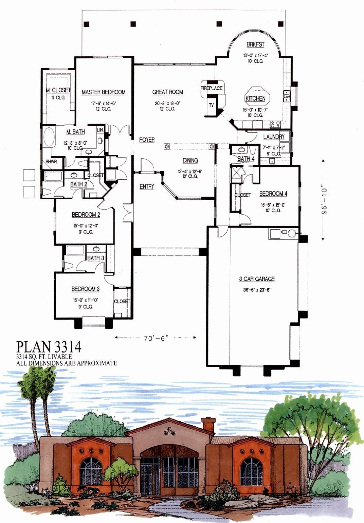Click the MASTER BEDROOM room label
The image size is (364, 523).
coord(104,92)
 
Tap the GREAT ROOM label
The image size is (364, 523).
coord(167,92)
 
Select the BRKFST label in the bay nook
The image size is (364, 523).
coord(255,44)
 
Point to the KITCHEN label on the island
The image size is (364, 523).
coord(255,98)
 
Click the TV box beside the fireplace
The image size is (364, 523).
coord(211,105)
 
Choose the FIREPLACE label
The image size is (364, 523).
coord(212,88)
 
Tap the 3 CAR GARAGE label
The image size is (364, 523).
coord(257,279)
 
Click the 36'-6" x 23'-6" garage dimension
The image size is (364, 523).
coord(257,290)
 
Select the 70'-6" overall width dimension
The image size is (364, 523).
coord(156,338)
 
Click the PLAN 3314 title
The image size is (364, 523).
coord(49,347)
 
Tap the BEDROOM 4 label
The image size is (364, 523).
coord(273,194)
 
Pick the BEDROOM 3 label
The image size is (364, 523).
coord(86,289)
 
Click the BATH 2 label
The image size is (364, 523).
coord(79,184)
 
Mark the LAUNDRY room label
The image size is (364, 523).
coord(274,137)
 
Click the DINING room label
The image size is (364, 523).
coord(190,160)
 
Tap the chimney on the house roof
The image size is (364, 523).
coord(208,425)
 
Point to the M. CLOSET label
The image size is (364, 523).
coord(58,90)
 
